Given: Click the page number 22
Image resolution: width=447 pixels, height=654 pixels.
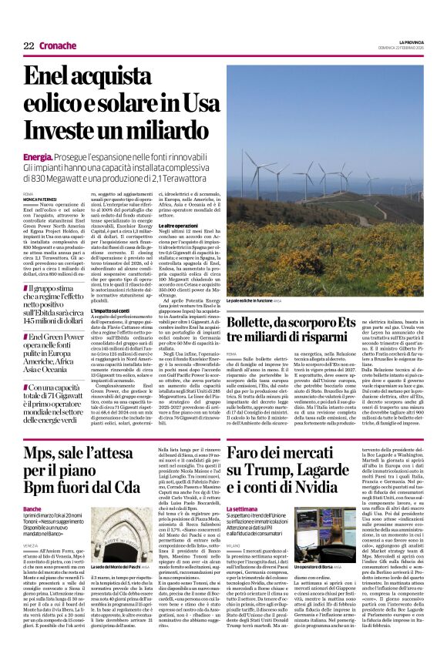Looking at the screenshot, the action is coord(29,45).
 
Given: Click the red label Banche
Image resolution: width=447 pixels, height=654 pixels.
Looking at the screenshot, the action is coord(32,509).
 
